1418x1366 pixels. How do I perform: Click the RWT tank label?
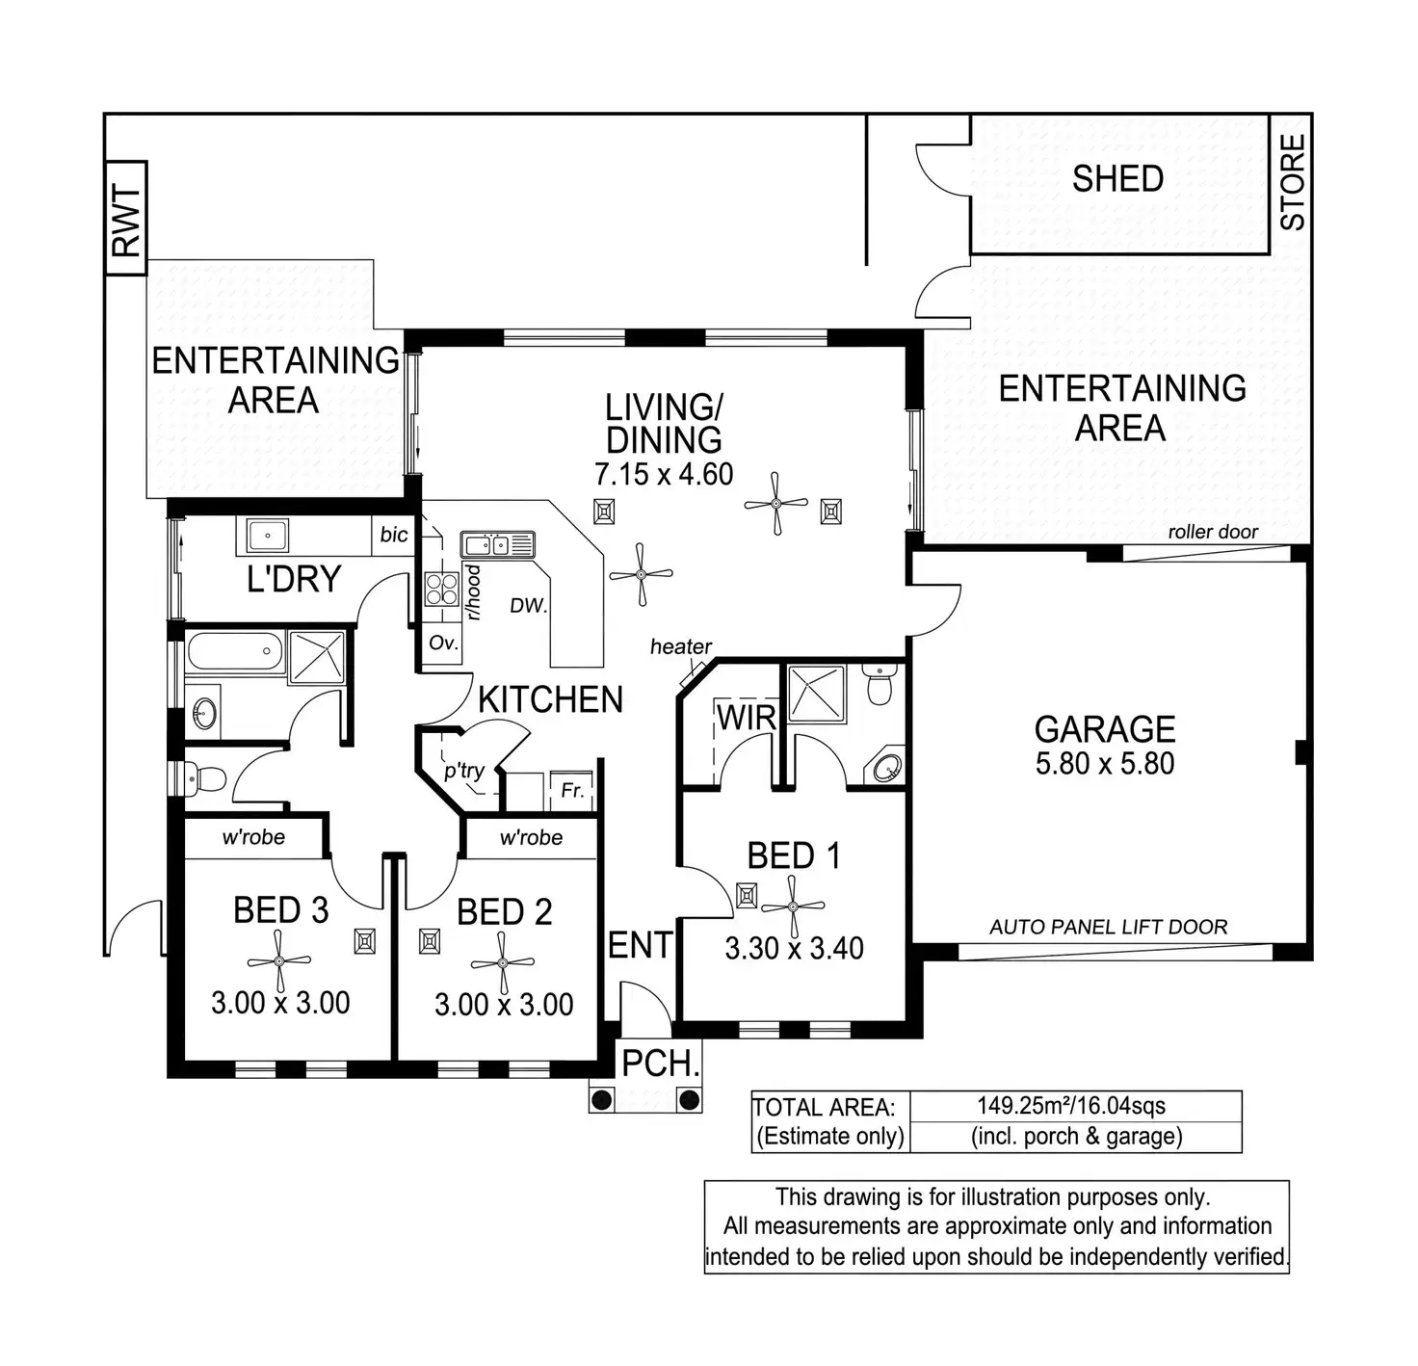126,220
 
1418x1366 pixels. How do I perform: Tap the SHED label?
1117,179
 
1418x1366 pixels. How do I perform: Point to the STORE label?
1292,182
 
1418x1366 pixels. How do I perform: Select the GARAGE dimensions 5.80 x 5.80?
1105,764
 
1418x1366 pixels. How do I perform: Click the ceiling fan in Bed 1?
793,906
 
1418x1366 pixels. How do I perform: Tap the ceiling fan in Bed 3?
279,960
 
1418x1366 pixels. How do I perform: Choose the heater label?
680,647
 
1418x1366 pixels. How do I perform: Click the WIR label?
747,717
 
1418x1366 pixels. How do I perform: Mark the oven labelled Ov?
443,643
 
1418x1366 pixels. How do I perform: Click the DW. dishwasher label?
528,606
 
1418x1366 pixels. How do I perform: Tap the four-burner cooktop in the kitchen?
442,588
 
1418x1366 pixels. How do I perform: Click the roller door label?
1213,532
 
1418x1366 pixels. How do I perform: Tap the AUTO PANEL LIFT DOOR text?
1108,927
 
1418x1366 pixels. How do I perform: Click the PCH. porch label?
660,1064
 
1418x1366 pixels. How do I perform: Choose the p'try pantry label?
464,771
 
